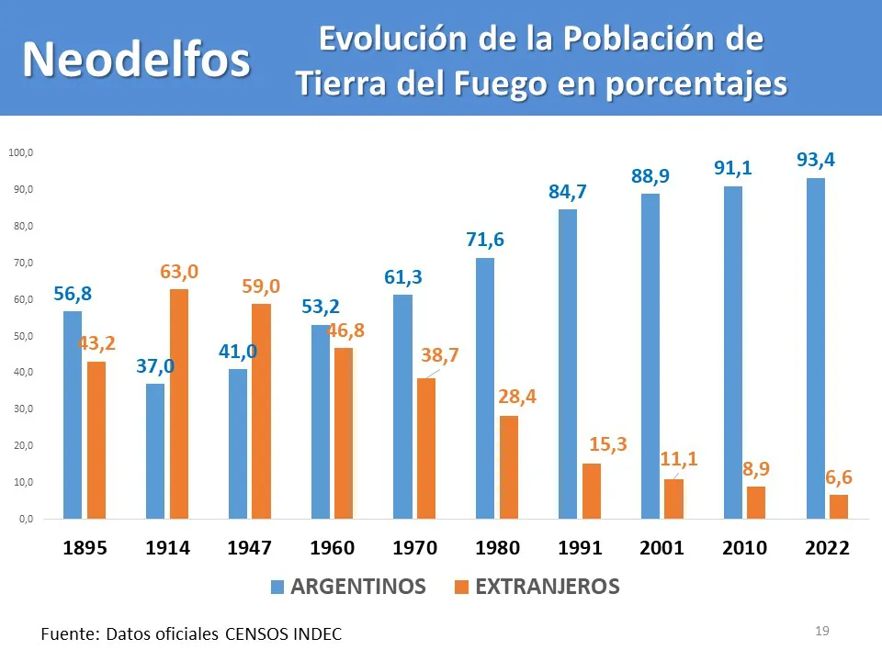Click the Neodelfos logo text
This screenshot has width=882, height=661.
(x=136, y=60)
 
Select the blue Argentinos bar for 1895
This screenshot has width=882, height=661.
(x=73, y=415)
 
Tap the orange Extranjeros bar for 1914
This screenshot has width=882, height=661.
(x=179, y=404)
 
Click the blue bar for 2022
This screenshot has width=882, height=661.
(x=815, y=349)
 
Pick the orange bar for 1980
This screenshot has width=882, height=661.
(x=509, y=467)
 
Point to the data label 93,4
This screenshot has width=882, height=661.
(x=815, y=161)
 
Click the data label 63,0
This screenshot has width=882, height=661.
(x=179, y=272)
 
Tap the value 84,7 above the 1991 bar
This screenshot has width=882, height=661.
(x=568, y=193)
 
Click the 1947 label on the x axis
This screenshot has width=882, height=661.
(x=250, y=548)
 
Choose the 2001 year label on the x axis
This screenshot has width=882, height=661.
(x=661, y=548)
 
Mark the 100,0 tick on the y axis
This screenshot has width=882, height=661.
(x=20, y=152)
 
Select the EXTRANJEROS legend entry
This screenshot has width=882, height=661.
(x=547, y=587)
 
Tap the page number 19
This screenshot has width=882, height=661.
(x=822, y=631)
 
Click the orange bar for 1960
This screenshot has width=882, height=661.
(x=344, y=433)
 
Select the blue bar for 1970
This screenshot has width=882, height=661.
(x=402, y=407)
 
